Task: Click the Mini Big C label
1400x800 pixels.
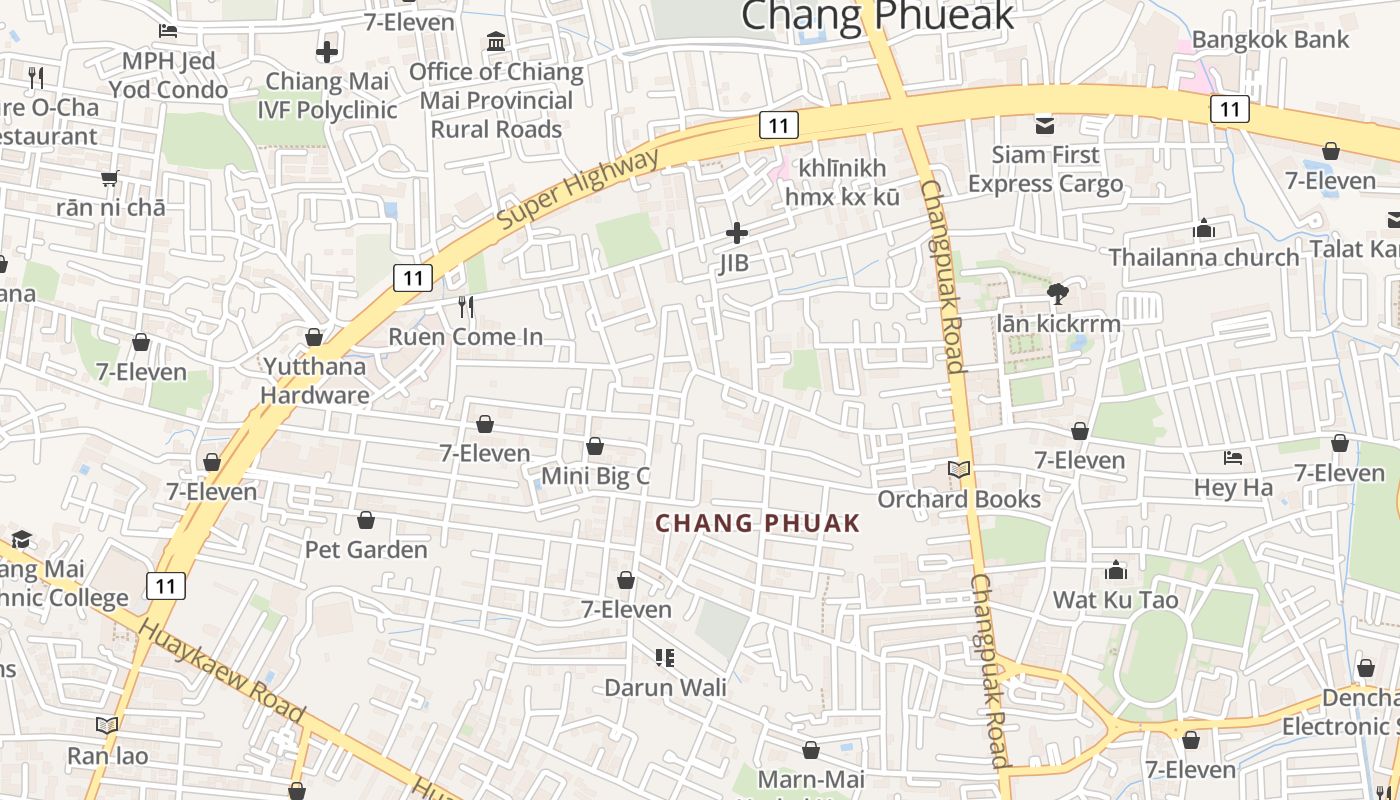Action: (595, 476)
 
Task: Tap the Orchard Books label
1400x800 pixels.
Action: (959, 499)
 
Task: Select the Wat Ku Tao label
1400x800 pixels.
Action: (1115, 600)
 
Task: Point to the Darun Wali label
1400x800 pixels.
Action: (665, 688)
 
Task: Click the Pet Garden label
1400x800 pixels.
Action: (366, 549)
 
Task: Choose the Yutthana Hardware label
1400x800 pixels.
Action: (314, 380)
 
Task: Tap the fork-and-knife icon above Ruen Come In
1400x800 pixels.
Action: (465, 306)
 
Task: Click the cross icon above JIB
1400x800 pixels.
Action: (737, 233)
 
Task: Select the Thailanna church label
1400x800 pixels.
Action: (1204, 257)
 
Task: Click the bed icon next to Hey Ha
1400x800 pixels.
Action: (1233, 458)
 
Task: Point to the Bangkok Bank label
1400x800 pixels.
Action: (1270, 40)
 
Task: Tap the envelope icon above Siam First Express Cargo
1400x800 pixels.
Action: (1045, 125)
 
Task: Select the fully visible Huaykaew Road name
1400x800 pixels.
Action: (221, 670)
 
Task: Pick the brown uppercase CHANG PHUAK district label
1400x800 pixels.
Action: (757, 523)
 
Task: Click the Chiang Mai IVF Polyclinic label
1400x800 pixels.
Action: (327, 95)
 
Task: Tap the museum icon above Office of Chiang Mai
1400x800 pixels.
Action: (496, 42)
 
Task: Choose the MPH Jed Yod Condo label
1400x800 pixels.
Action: (168, 75)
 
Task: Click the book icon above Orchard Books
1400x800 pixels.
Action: (959, 469)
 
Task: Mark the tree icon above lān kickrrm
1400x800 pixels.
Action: (1057, 293)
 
